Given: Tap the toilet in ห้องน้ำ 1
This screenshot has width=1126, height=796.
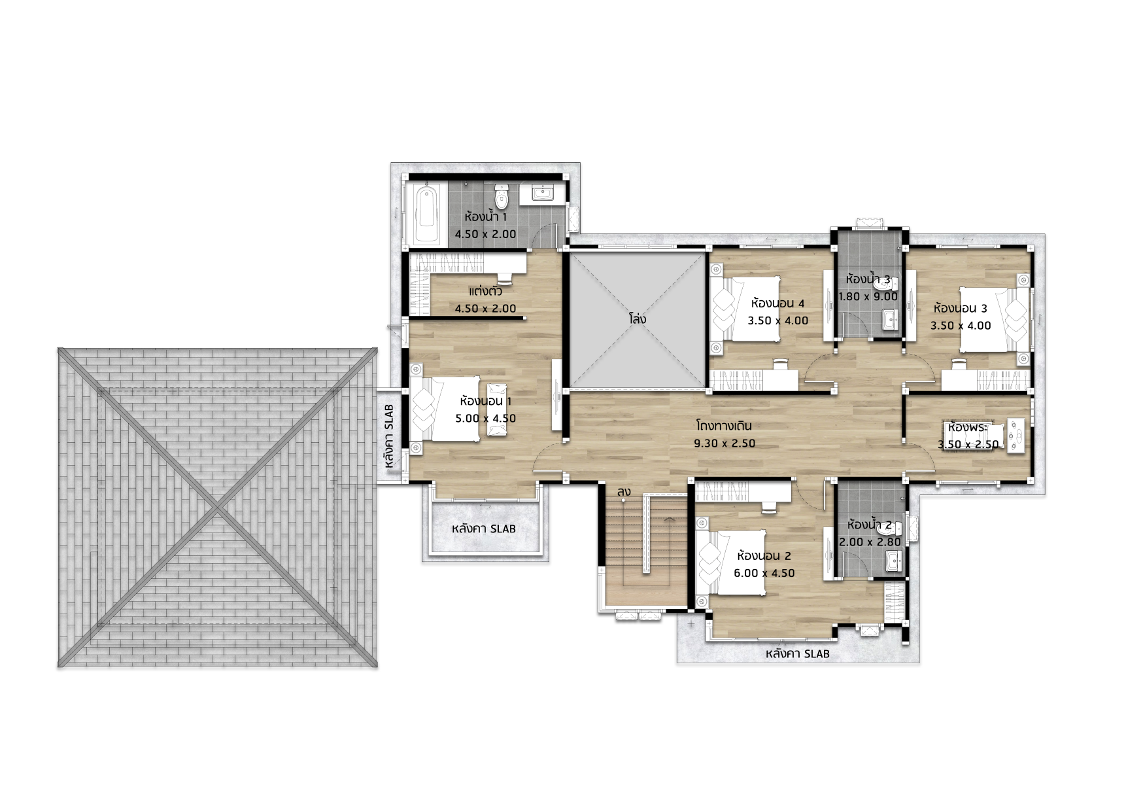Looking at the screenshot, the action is tap(502, 196).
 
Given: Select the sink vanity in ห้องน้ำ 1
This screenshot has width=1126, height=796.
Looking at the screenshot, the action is tap(543, 193).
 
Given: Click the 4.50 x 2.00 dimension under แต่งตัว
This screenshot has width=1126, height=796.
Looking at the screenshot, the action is tap(486, 308).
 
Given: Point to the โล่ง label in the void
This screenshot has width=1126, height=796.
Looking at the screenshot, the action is tap(638, 319).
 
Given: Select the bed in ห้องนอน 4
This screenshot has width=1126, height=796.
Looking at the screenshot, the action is tap(745, 308).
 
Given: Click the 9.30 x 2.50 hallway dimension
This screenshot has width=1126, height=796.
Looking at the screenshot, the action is tap(725, 443).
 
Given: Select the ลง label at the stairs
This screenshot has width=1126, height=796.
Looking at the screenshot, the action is tap(624, 491).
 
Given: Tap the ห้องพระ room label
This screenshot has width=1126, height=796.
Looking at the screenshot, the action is tap(968, 427).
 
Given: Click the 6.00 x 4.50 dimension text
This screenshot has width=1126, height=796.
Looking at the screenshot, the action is tap(764, 573).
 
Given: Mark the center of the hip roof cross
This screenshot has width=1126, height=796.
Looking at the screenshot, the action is tap(217, 508).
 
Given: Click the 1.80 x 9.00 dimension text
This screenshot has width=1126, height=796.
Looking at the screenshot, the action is tap(868, 296).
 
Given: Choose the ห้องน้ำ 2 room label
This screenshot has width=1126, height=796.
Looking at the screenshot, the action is tap(869, 525).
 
